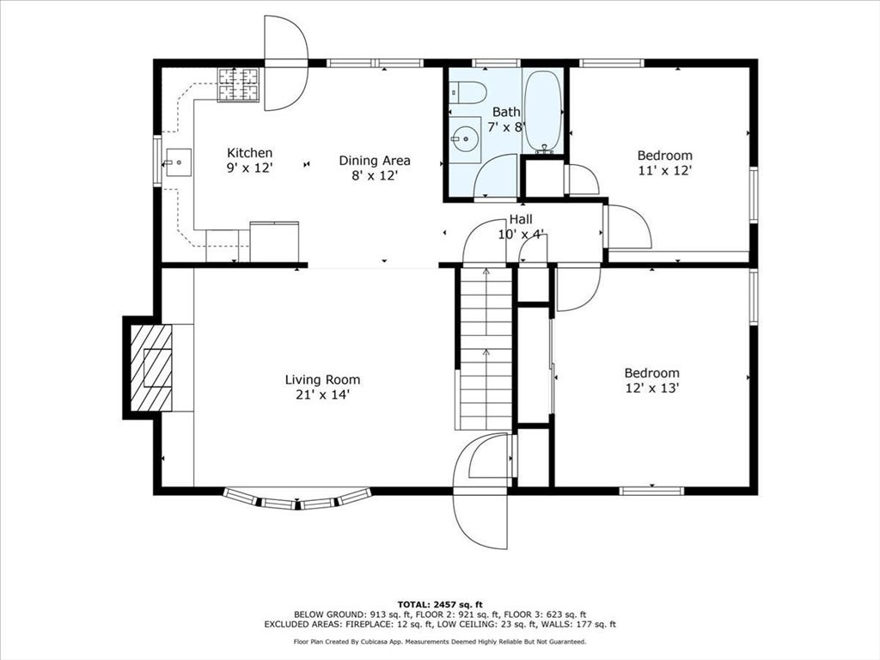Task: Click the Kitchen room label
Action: coord(250,153)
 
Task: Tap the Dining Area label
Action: coord(375,161)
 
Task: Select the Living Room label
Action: coord(323,380)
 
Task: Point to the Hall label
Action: coord(521,219)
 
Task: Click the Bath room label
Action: coord(506,112)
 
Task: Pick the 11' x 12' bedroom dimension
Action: coord(665,170)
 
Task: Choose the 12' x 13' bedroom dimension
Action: coord(652,388)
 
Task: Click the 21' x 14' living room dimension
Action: coord(323,394)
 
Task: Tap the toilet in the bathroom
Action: coord(467,92)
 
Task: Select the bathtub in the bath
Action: coord(543,111)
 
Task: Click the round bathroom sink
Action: coord(465,137)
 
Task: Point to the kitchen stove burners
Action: coord(239,85)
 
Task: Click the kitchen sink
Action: coord(177,162)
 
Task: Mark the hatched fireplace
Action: coord(151,368)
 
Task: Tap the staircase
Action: coord(486,349)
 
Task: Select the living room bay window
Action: coord(297,499)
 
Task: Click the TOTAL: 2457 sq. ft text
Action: coord(440,604)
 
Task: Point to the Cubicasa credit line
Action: coord(440,641)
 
